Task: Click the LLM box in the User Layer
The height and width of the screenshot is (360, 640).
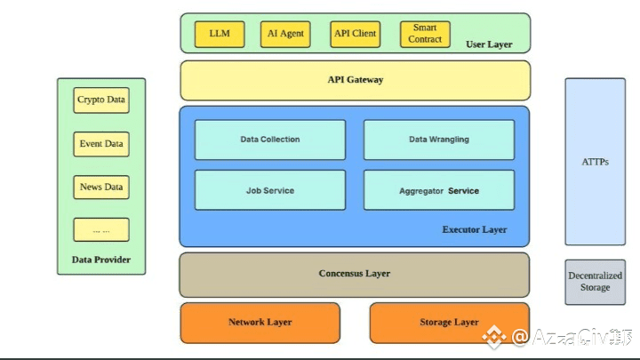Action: (x=220, y=34)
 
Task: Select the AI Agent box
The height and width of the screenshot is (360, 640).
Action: (x=285, y=34)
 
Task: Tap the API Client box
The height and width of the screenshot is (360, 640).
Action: (x=355, y=34)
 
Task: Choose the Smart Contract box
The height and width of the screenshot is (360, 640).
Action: (x=425, y=34)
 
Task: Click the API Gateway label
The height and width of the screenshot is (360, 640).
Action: (x=355, y=80)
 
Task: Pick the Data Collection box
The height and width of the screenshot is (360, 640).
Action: (x=270, y=140)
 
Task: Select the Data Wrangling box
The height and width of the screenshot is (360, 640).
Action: (x=438, y=140)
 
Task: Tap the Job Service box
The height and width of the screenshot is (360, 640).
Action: (x=270, y=190)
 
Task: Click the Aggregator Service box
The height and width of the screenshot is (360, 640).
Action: (x=438, y=190)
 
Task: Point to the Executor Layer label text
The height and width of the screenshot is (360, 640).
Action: (x=475, y=229)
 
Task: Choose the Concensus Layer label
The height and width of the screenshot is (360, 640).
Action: (x=355, y=274)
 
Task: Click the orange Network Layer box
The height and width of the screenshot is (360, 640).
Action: (x=260, y=322)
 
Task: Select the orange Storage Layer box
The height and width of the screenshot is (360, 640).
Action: (x=449, y=322)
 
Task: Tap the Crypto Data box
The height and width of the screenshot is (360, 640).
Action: (x=101, y=100)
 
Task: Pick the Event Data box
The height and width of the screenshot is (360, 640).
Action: (x=101, y=144)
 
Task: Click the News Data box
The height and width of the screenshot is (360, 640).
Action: (x=101, y=188)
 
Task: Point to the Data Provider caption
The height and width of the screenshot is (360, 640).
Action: (x=101, y=260)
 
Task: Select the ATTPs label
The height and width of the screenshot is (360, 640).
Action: (x=595, y=163)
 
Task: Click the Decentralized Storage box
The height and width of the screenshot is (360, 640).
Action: (x=595, y=281)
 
